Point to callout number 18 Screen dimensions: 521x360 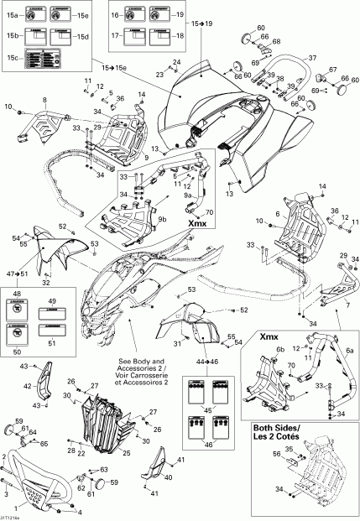click(x=178, y=37)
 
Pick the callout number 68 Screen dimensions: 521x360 click(x=277, y=41)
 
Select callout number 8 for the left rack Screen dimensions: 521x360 click(x=44, y=100)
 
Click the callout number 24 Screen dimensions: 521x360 click(x=176, y=63)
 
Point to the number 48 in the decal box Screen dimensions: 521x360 click(x=14, y=294)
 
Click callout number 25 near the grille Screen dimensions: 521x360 click(x=127, y=453)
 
